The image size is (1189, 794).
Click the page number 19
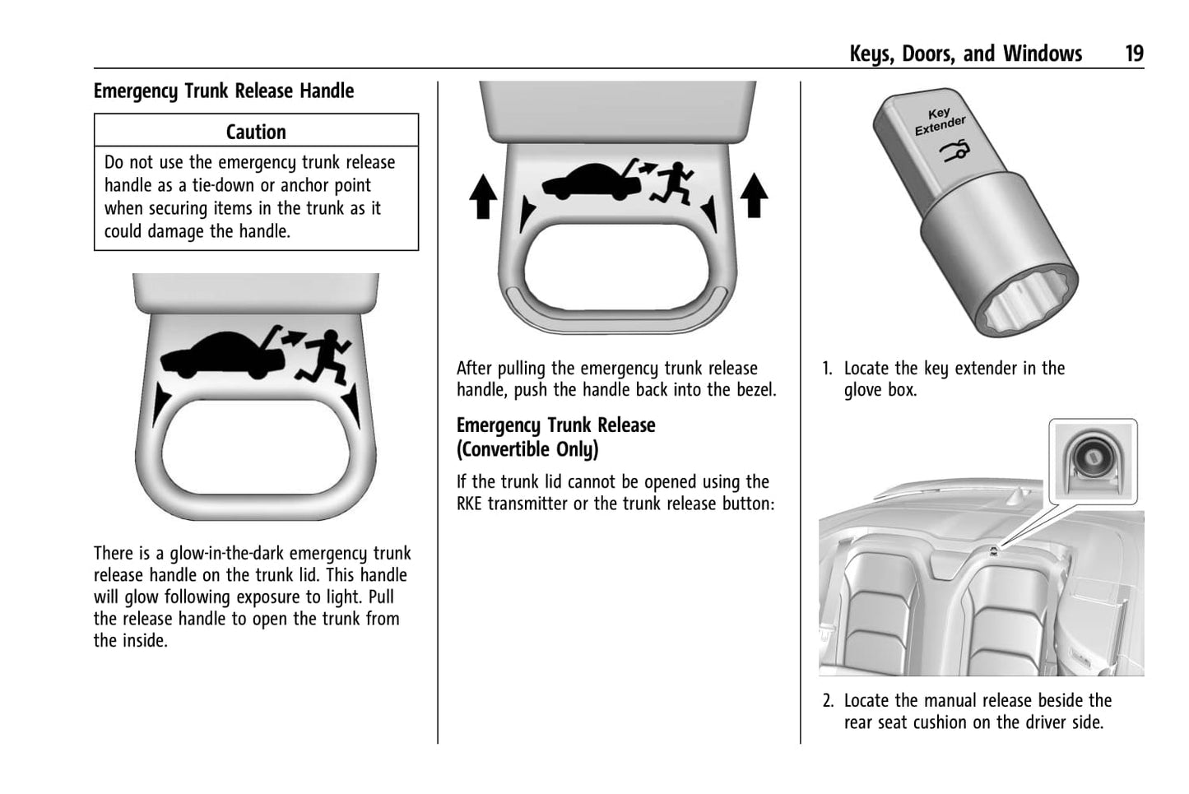pyautogui.click(x=1134, y=54)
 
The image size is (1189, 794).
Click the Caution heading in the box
pyautogui.click(x=256, y=132)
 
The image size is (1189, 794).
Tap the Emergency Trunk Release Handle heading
pyautogui.click(x=224, y=91)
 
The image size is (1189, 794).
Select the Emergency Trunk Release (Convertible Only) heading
pyautogui.click(x=556, y=437)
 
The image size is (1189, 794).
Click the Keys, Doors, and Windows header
pyautogui.click(x=965, y=54)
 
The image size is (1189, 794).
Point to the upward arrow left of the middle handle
pyautogui.click(x=483, y=198)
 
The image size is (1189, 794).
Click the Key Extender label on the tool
pyautogui.click(x=940, y=121)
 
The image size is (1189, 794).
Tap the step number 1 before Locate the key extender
pyautogui.click(x=827, y=369)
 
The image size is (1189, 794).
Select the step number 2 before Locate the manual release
pyautogui.click(x=828, y=701)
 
